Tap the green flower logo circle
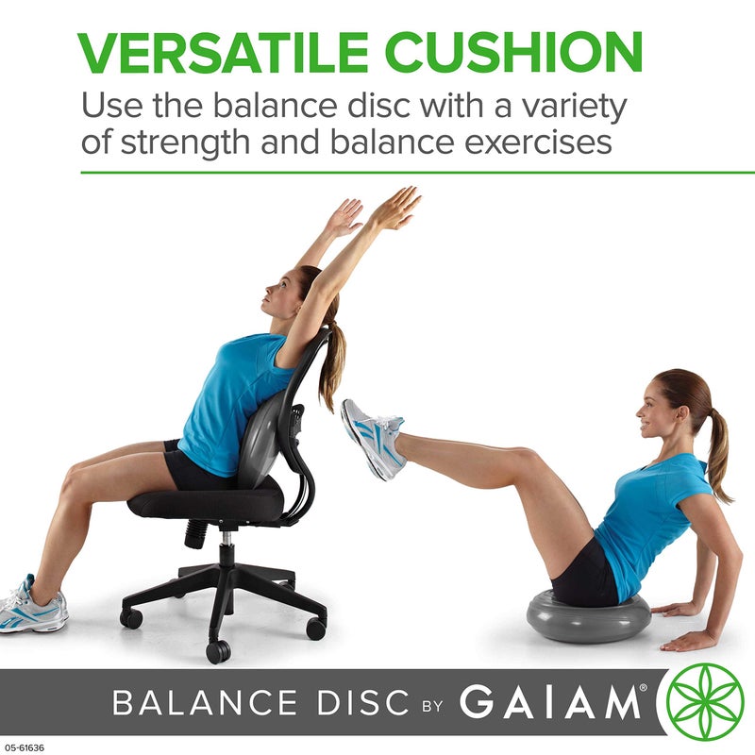[x=705, y=703]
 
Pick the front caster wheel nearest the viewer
[x=218, y=650]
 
